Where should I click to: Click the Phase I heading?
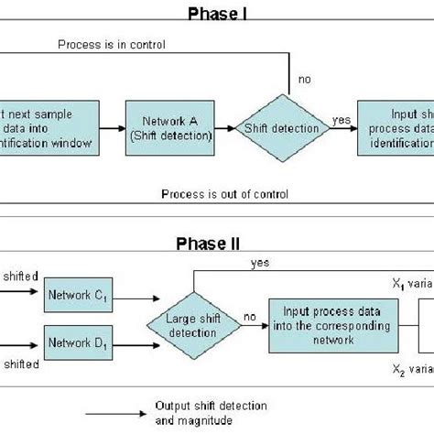pos(216,12)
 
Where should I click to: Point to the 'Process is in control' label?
pos(101,42)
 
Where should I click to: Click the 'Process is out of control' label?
pos(223,194)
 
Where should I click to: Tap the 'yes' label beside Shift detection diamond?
pos(341,120)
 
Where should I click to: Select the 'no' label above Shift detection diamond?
pos(304,79)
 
